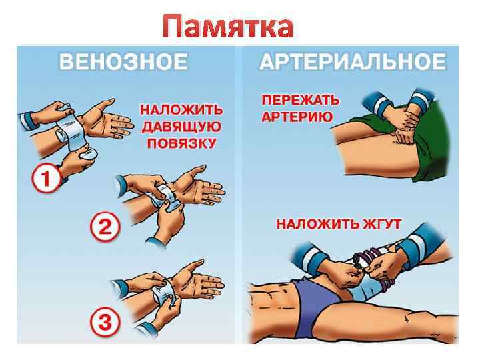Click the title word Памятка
click(x=227, y=27)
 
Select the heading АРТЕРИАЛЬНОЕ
click(x=351, y=63)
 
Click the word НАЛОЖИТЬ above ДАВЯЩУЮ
click(x=181, y=109)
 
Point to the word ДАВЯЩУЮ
click(x=181, y=127)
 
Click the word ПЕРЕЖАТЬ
click(x=300, y=101)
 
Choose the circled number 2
click(x=105, y=227)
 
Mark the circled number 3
click(x=105, y=324)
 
